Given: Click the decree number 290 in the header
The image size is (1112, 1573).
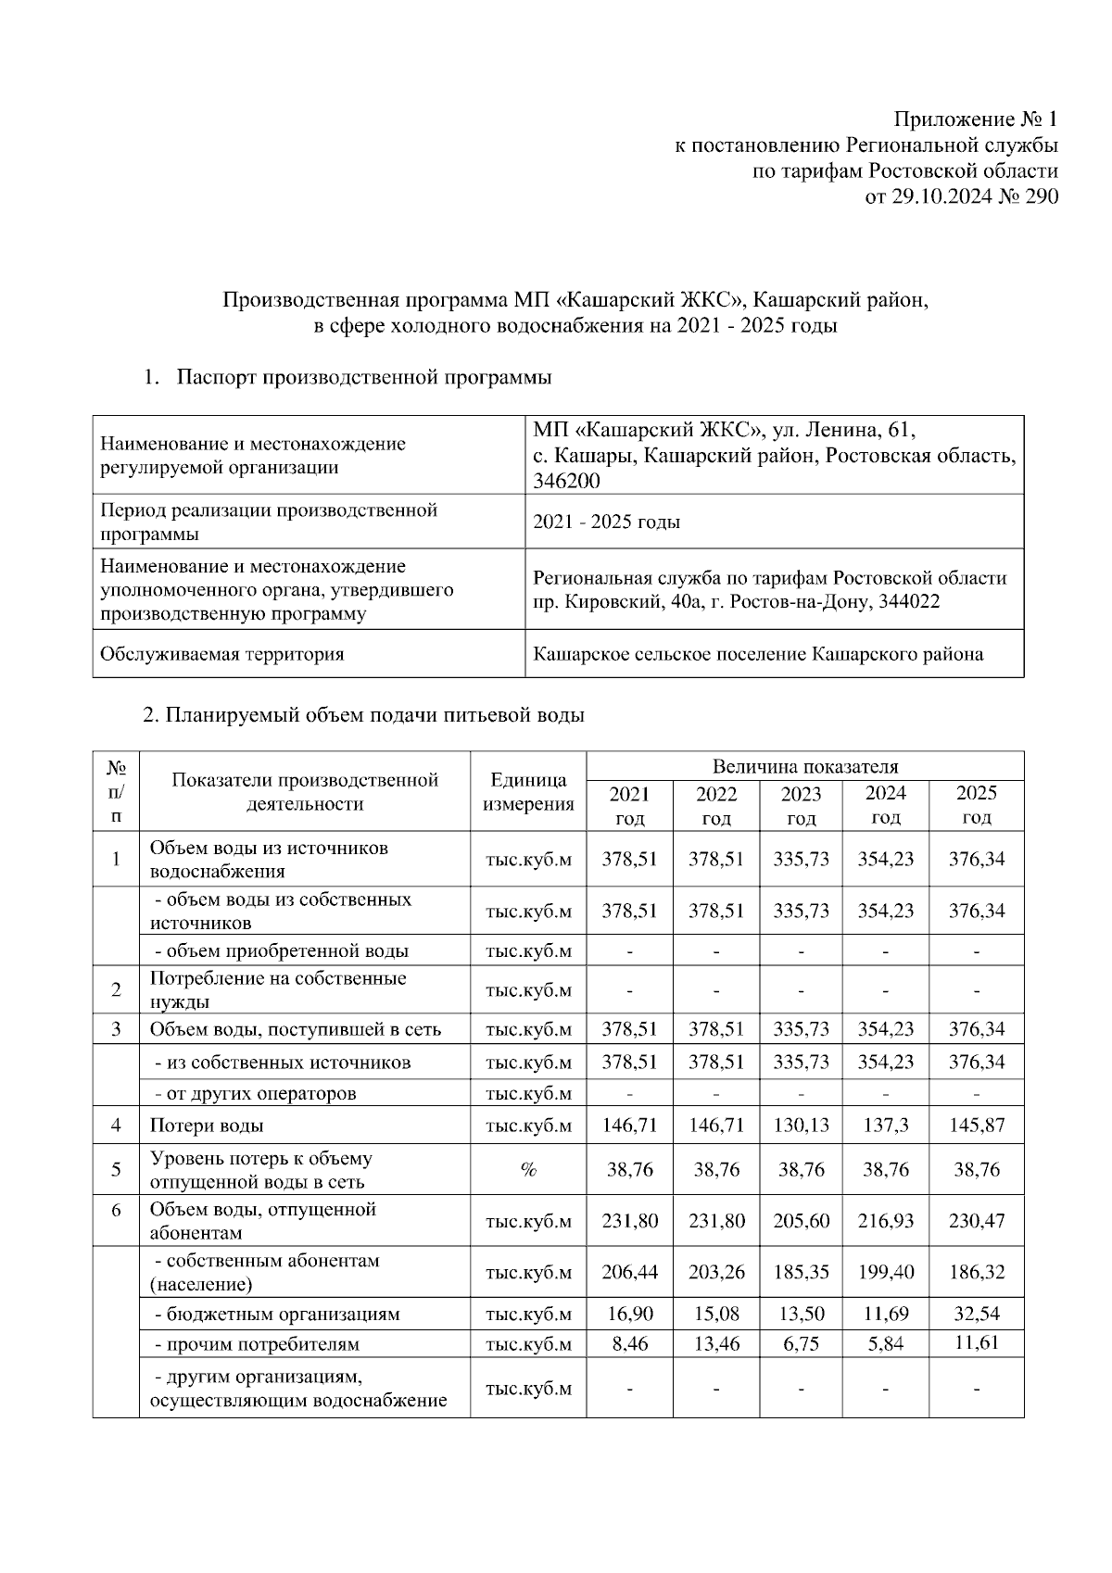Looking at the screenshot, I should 1040,197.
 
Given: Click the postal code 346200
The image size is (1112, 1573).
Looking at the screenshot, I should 566,481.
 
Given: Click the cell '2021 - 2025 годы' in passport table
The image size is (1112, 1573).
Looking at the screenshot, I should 607,522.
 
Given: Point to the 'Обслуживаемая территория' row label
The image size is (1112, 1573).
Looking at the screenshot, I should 221,654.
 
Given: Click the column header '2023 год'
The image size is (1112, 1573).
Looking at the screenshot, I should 801,805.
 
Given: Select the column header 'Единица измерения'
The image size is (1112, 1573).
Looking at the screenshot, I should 528,792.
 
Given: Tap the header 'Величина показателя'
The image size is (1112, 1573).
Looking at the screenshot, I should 804,766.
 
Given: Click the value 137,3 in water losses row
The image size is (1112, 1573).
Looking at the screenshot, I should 886,1126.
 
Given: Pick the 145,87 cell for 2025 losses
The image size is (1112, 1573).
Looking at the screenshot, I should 976,1126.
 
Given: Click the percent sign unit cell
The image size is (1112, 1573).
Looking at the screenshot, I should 528,1170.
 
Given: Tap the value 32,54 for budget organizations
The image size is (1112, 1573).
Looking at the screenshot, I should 976,1314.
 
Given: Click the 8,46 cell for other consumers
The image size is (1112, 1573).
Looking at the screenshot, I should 630,1343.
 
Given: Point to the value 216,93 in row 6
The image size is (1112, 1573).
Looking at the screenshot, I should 886,1221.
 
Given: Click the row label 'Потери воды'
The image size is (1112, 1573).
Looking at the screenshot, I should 207,1126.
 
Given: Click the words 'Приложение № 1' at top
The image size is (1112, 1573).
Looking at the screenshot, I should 975,120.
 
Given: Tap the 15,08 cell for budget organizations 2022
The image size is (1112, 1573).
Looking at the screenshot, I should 716,1314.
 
